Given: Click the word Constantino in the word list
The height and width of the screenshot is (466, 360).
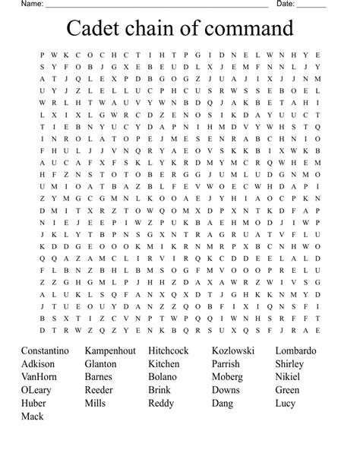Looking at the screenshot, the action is (45, 351).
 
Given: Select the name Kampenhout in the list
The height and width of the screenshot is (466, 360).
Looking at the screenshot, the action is (110, 351).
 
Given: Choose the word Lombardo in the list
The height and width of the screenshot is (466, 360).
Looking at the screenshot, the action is (296, 351).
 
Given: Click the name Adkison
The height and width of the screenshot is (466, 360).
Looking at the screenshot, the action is (38, 364).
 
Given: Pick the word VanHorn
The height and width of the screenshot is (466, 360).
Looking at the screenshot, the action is (39, 377).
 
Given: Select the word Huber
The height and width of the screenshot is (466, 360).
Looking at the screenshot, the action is (33, 403).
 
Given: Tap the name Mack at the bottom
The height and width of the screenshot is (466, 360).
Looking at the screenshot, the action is (33, 416).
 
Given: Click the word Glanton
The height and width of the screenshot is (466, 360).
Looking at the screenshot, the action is (101, 364).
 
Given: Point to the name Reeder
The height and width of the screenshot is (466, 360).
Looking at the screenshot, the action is (99, 390).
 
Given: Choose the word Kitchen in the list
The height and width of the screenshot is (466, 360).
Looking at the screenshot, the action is (164, 364).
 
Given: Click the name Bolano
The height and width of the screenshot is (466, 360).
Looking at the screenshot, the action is (163, 377).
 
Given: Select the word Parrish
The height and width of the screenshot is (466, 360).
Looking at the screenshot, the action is (227, 364).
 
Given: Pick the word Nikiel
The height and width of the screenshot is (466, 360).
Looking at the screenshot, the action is (288, 377).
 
